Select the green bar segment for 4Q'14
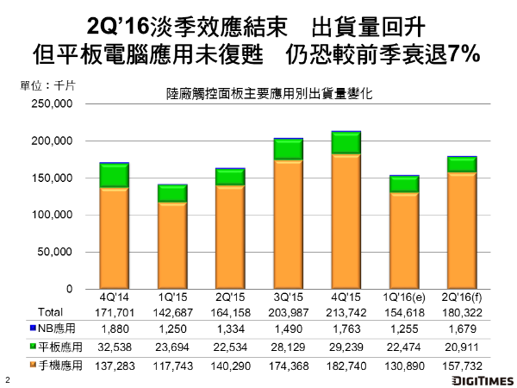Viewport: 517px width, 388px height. pyautogui.click(x=114, y=175)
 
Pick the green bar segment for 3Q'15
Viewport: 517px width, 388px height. pyautogui.click(x=288, y=149)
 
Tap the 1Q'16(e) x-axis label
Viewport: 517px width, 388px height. pyautogui.click(x=403, y=298)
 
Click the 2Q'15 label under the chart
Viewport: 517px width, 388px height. pyautogui.click(x=230, y=298)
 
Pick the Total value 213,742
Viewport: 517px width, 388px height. pyautogui.click(x=346, y=311)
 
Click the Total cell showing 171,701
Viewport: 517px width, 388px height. pyautogui.click(x=114, y=311)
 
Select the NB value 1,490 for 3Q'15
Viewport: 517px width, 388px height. pyautogui.click(x=288, y=329)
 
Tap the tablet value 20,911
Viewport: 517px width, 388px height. pyautogui.click(x=462, y=347)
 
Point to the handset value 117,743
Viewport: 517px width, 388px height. pyautogui.click(x=171, y=366)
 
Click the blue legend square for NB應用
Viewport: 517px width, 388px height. pyautogui.click(x=33, y=329)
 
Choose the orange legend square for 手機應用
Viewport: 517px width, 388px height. pyautogui.click(x=33, y=366)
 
